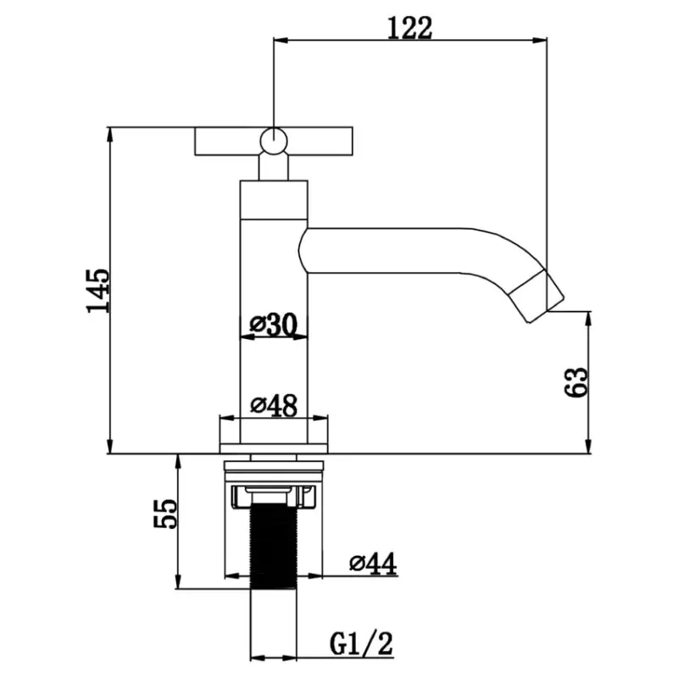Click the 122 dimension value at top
tap(409, 28)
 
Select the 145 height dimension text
tap(98, 291)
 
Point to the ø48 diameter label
tap(274, 406)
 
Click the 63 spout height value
tap(577, 382)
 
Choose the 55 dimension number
tap(165, 514)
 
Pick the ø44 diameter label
tap(373, 564)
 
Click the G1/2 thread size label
tap(362, 643)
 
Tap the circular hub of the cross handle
tap(274, 141)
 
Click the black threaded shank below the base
tap(274, 546)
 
